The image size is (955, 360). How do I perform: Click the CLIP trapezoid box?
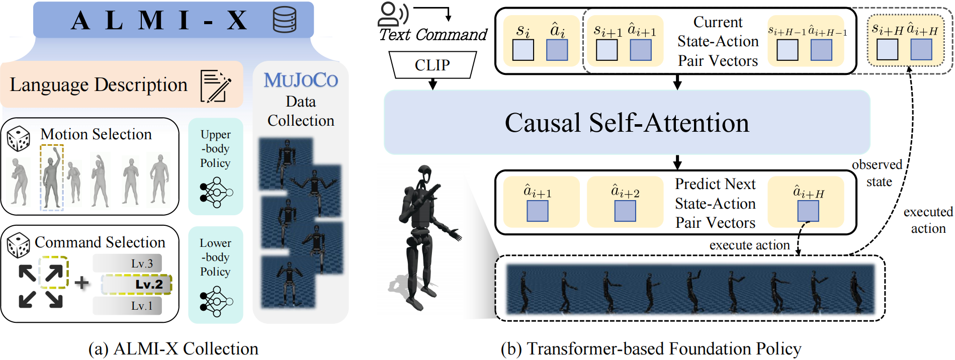coord(432,65)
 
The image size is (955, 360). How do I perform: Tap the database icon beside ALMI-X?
coord(284,20)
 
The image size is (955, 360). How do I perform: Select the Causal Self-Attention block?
coord(627,122)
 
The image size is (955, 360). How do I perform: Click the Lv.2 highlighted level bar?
coord(137,285)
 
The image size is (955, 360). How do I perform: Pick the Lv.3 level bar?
coord(127,263)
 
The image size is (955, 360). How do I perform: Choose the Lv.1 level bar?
coord(127,306)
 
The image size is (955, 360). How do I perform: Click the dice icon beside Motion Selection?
coord(19,139)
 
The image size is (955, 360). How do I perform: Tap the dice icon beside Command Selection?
coord(19,245)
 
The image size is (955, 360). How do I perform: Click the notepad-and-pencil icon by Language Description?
coord(215,86)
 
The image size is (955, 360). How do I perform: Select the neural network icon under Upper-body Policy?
coord(216,193)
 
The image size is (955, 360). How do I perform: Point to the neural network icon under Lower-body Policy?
coord(216,301)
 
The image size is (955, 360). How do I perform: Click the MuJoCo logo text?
coord(301,80)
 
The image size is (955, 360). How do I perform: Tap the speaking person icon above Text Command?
coord(393,14)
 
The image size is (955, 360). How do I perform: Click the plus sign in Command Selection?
coord(81,283)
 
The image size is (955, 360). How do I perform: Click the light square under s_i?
coord(523,50)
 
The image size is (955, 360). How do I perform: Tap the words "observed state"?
coord(878,173)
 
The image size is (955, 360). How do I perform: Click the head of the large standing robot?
coord(425,174)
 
